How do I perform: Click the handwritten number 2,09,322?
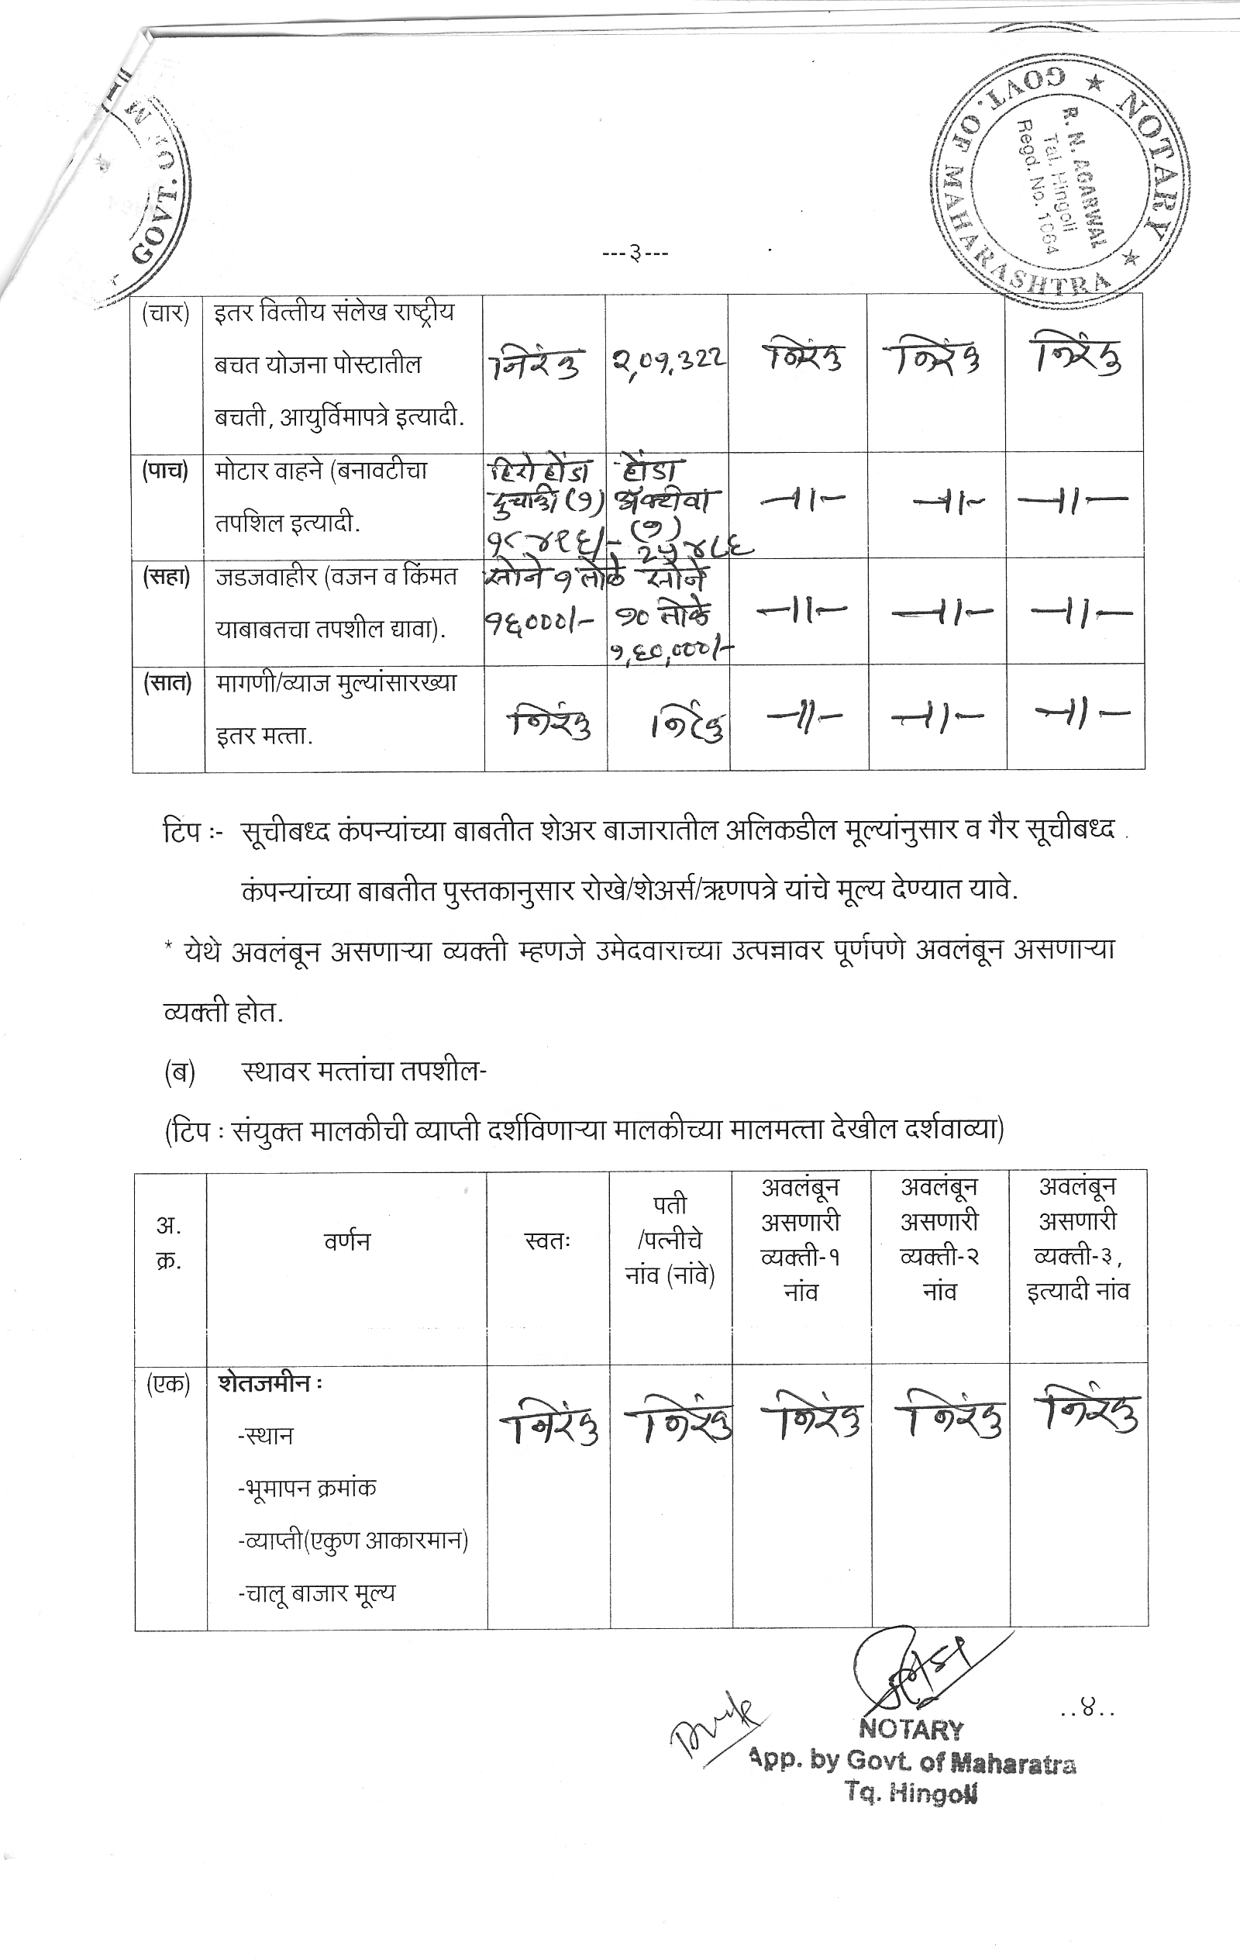[670, 358]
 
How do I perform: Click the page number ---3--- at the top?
[635, 254]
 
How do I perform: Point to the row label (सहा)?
[166, 577]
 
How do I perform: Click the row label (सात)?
[167, 683]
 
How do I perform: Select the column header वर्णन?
[346, 1241]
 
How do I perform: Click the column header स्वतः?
[547, 1241]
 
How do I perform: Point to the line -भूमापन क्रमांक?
[307, 1488]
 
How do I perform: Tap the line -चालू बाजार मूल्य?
[315, 1593]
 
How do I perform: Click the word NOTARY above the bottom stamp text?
[911, 1730]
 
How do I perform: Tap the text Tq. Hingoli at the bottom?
[911, 1793]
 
